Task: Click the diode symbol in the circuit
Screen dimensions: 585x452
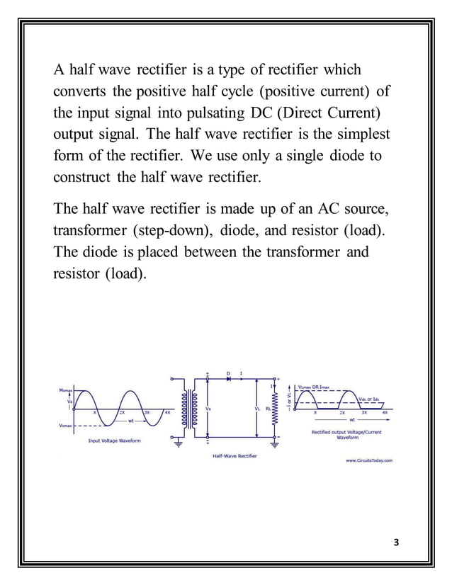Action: [228, 379]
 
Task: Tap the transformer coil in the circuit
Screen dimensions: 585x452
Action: [186, 409]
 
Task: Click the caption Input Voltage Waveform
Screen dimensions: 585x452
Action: [113, 441]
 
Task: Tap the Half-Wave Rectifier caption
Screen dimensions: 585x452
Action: [235, 455]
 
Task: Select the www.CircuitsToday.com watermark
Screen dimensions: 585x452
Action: [368, 460]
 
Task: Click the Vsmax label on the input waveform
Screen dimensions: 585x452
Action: [67, 426]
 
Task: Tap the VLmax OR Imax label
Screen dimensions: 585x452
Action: [314, 387]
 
